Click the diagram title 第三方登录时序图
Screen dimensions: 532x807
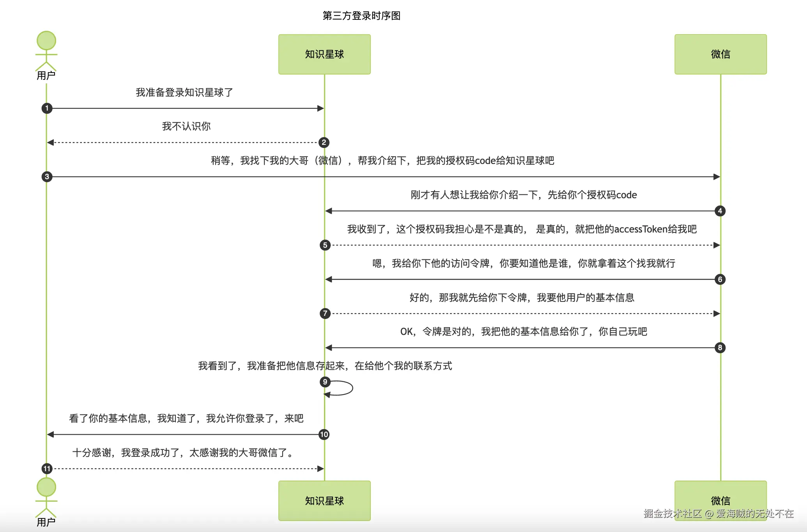pos(361,16)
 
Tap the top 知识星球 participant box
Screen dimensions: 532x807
pos(324,54)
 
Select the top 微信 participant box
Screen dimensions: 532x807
pos(720,54)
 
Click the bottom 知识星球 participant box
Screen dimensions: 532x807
pos(324,500)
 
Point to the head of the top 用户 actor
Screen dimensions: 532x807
pos(46,41)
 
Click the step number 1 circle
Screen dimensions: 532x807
pos(47,108)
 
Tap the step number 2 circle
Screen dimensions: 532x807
pos(324,143)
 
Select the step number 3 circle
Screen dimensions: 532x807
pos(47,177)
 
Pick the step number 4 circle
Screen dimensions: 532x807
pos(720,211)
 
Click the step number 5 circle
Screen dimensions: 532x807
pos(325,245)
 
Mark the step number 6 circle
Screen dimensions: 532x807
pos(720,279)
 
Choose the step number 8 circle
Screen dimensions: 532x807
pos(720,348)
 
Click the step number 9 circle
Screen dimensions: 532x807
pos(325,382)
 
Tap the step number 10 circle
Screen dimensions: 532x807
pos(324,435)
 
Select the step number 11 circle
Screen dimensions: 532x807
pos(47,469)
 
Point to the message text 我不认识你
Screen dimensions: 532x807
pos(186,126)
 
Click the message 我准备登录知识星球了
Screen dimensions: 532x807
pos(184,92)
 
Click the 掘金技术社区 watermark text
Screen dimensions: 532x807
pos(672,514)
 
